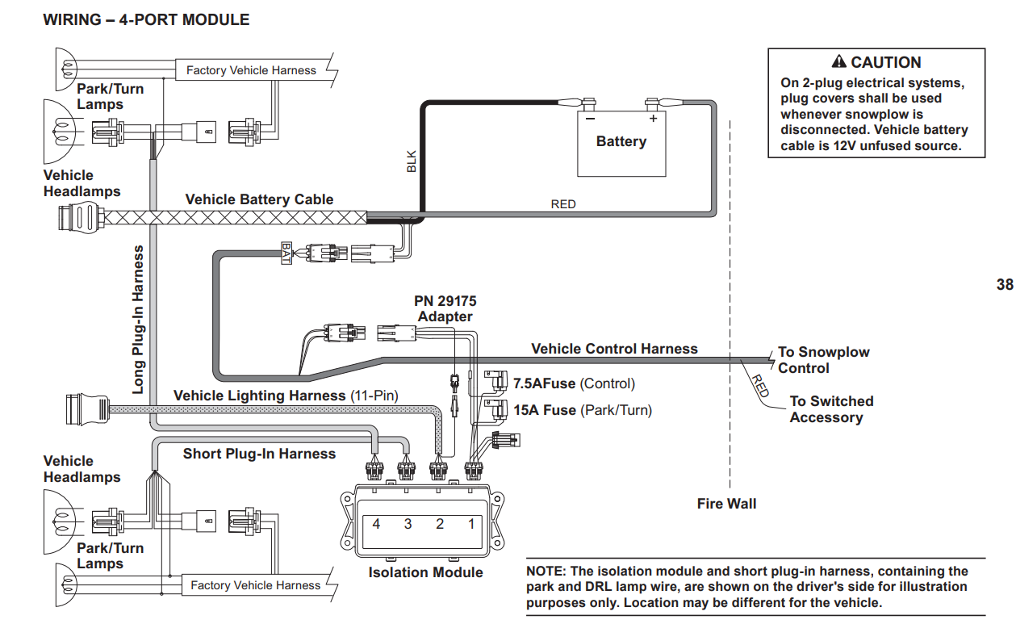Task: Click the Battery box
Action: point(621,141)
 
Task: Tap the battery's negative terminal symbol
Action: point(590,118)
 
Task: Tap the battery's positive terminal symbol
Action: point(653,118)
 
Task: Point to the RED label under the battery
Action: point(563,204)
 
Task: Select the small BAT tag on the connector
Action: point(286,253)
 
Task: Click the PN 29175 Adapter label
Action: point(445,309)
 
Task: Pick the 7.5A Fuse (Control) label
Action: point(574,383)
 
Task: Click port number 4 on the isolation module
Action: point(376,524)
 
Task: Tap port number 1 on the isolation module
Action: point(472,524)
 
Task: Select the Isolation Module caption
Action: point(425,572)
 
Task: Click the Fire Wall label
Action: point(726,504)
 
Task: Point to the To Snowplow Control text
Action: point(823,360)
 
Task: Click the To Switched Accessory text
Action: point(830,409)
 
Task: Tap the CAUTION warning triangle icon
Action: point(838,62)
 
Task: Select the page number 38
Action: point(1005,284)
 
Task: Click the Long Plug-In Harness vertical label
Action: point(139,319)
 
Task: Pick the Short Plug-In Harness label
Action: point(259,454)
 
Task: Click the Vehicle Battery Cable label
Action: point(259,199)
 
